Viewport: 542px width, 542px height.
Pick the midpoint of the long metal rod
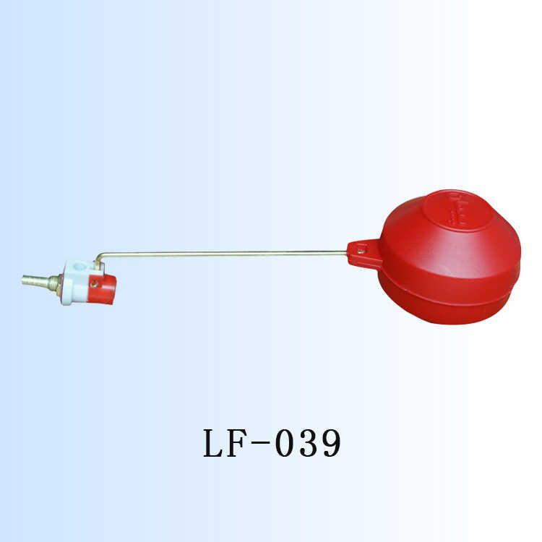(224, 253)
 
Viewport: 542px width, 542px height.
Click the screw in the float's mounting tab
(361, 251)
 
